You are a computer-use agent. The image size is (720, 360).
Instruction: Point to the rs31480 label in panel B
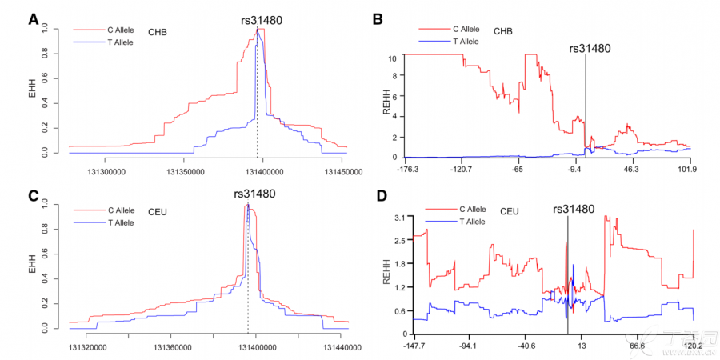click(x=590, y=48)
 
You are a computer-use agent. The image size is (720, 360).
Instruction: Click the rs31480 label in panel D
click(x=574, y=209)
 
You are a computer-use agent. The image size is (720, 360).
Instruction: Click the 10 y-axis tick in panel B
click(x=392, y=58)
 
